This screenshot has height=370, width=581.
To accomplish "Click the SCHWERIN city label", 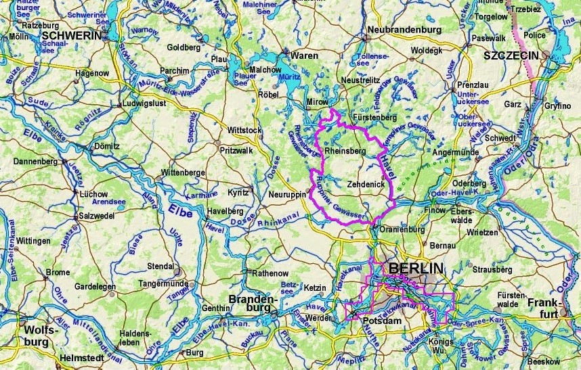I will click(x=70, y=35).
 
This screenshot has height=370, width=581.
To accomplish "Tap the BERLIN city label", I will click(x=416, y=269).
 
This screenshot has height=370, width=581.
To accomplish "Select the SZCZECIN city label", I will click(x=511, y=55).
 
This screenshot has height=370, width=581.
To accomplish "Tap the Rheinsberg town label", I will click(x=345, y=152).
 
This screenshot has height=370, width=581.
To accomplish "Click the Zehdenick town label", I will click(x=366, y=183).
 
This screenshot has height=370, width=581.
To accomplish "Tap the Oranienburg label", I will click(x=401, y=228).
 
